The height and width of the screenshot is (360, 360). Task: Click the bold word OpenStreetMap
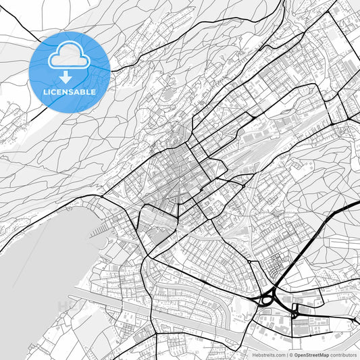coord(309,354)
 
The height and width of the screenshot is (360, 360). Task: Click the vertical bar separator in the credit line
coord(286,354)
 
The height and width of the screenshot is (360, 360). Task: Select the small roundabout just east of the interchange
coord(294,312)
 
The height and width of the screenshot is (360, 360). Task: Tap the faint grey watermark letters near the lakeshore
coord(68,306)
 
